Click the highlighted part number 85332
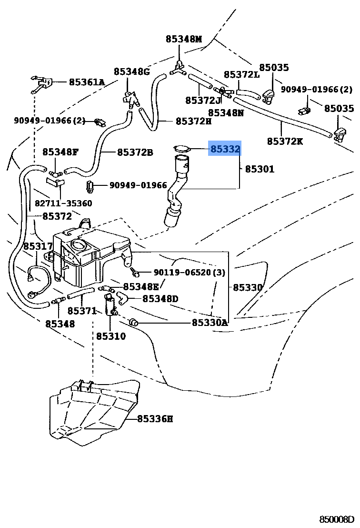225,149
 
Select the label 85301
260,169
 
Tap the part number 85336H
155,419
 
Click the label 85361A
86,82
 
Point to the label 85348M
184,39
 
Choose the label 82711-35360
63,203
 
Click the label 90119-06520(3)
190,273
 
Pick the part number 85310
110,336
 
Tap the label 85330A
210,323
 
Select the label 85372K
285,141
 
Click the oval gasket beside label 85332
182,149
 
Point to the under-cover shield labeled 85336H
93,412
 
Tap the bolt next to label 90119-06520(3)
136,273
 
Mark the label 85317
38,246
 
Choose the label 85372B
135,152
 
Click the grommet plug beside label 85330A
134,323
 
